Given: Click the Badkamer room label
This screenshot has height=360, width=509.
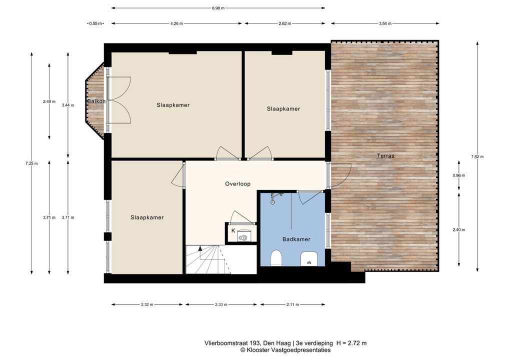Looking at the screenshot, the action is pos(296,239).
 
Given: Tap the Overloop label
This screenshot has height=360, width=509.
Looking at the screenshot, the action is pos(238,184).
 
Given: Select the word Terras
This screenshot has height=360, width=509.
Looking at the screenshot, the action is pos(385,156).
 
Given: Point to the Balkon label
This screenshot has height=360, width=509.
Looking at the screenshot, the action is pos(96,101).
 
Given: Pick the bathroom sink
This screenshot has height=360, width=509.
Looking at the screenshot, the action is pos(308,258).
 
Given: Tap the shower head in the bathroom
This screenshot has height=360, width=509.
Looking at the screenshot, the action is pos(273,201).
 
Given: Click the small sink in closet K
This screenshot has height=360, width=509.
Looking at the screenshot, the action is pos(243,237).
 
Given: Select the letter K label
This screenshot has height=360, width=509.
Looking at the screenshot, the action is pos(233,231).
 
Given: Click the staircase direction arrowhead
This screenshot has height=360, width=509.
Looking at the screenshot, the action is pos(200,248).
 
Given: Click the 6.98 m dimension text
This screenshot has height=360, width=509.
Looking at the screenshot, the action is pos(218,8).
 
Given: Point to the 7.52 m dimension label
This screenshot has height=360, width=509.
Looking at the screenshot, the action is pos(477,156).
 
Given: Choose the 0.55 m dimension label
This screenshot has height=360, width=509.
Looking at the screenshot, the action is pos(95,23).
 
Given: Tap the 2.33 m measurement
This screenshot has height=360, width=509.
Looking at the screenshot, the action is pos(221,304).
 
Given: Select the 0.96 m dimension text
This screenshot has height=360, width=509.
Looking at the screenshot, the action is pos(458,175).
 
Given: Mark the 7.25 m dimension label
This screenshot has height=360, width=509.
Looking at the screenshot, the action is pos(31,163).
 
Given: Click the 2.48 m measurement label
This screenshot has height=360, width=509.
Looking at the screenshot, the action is pos(49,101).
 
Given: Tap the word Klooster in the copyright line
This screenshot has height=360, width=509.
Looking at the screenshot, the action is pos(257,350).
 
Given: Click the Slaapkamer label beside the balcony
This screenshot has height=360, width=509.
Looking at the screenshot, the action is pos(173,105).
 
